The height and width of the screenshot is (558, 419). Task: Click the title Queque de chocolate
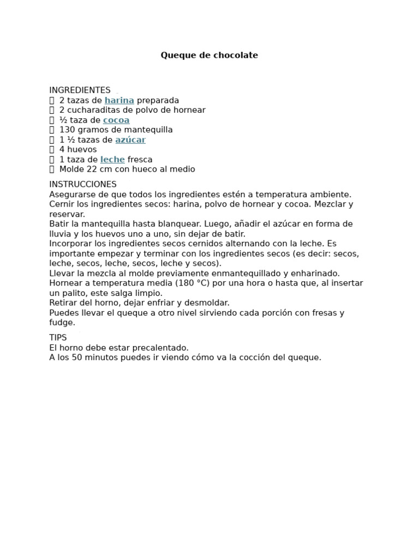pyautogui.click(x=209, y=56)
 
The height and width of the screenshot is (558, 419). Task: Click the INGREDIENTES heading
pyautogui.click(x=80, y=90)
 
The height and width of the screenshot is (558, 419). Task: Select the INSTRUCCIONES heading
pyautogui.click(x=83, y=185)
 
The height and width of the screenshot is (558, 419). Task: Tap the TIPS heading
pyautogui.click(x=58, y=338)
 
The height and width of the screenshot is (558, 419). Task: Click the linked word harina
pyautogui.click(x=119, y=100)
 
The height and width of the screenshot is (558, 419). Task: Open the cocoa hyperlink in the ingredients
pyautogui.click(x=116, y=120)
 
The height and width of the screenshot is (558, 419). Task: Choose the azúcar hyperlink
pyautogui.click(x=130, y=140)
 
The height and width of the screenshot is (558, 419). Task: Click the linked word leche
pyautogui.click(x=112, y=160)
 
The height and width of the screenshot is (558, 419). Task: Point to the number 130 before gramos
pyautogui.click(x=67, y=130)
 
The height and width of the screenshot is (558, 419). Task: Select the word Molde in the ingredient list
pyautogui.click(x=71, y=169)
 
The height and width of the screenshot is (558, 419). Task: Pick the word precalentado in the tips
pyautogui.click(x=160, y=348)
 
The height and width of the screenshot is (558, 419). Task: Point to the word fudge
pyautogui.click(x=61, y=323)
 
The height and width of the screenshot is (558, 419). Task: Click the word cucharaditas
pyautogui.click(x=95, y=110)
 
